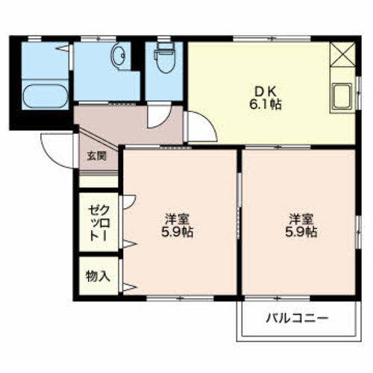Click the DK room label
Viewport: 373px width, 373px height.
[265, 93]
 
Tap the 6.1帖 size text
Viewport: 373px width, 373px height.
[265, 105]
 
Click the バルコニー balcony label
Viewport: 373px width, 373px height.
[298, 318]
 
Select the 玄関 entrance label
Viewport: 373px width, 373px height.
[97, 157]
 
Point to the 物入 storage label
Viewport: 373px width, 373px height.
[98, 276]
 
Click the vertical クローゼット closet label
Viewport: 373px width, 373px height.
[99, 223]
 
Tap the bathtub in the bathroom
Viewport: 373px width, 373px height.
[46, 95]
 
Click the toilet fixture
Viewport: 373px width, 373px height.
[164, 57]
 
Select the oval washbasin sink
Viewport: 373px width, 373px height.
[119, 54]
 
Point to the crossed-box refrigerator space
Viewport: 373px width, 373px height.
[342, 54]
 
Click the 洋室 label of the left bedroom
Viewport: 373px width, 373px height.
[178, 219]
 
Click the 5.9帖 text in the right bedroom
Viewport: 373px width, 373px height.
[301, 233]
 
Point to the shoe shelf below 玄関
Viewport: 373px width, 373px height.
[98, 181]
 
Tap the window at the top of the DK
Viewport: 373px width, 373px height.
[272, 39]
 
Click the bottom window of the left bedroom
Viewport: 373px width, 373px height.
[180, 298]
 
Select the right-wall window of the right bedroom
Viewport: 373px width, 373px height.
[358, 232]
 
